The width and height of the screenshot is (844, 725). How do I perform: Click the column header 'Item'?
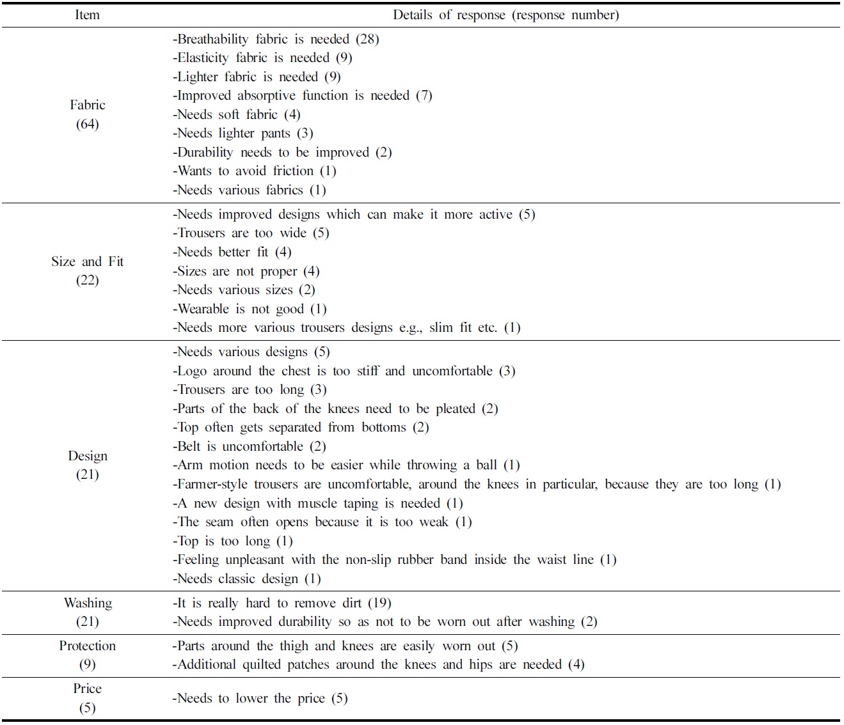point(87,15)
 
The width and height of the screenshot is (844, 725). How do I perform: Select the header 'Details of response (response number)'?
point(506,15)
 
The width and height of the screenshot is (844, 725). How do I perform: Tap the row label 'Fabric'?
point(88,105)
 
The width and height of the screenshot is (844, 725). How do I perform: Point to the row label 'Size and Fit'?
point(88,261)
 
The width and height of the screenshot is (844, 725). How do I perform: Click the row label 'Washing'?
point(88,603)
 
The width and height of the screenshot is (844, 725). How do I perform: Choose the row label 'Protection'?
point(88,646)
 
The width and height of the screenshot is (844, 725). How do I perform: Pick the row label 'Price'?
point(88,689)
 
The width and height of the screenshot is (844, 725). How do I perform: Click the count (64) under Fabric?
point(88,124)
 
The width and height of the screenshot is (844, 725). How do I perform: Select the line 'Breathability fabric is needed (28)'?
point(276,39)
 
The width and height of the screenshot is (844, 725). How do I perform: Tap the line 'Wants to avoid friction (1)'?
point(255,171)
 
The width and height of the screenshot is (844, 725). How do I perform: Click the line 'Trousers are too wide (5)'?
point(251,233)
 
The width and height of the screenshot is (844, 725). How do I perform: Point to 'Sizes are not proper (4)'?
point(246,271)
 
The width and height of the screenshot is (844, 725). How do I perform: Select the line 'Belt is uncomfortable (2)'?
point(250,446)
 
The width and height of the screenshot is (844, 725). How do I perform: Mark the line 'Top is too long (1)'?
point(233,541)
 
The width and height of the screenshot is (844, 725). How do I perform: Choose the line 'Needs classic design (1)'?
point(246,579)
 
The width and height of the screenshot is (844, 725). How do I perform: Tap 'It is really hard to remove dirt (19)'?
point(282,603)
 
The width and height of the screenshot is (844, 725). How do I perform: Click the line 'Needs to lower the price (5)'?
point(260,698)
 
